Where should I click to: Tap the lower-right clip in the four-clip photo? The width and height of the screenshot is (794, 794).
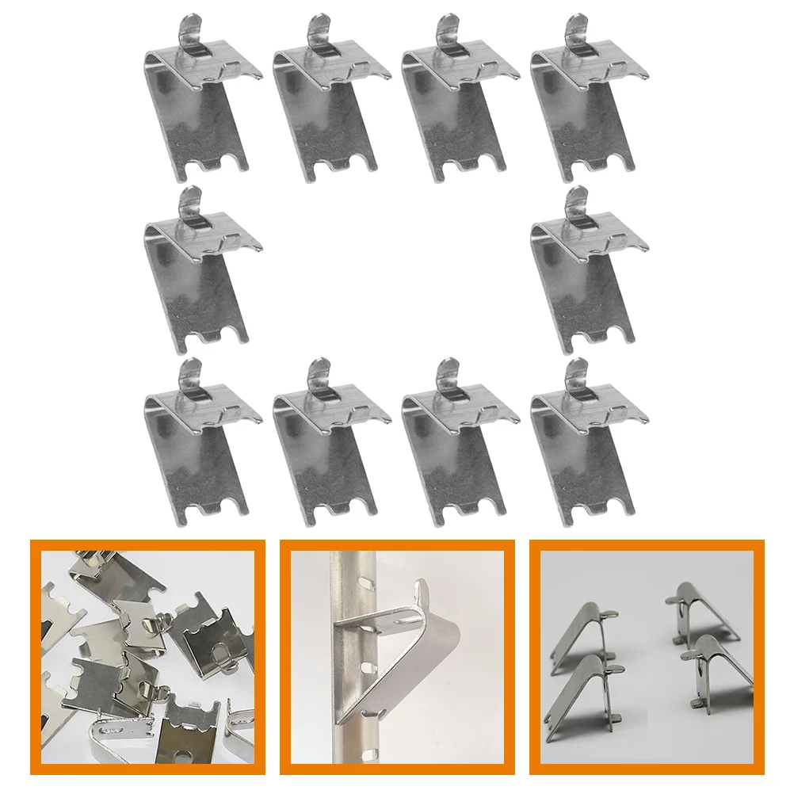(x=717, y=674)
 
